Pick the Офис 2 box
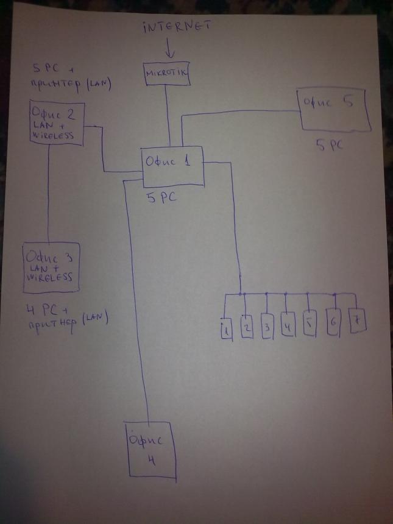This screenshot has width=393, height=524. (x=55, y=122)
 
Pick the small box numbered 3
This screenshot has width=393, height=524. (x=267, y=325)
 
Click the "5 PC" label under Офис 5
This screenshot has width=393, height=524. (x=330, y=147)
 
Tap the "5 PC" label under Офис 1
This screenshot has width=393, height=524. (x=163, y=199)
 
